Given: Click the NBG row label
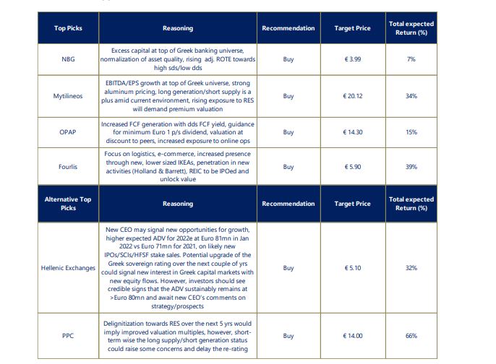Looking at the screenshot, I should [68, 59].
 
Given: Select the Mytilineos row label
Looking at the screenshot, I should [68, 95].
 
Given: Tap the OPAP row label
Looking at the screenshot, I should [68, 132].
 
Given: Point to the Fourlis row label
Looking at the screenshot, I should [68, 166].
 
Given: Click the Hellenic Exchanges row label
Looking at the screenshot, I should [68, 268].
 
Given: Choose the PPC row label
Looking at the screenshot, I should [68, 336].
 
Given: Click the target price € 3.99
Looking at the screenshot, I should [353, 59].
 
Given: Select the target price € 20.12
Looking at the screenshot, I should [353, 95].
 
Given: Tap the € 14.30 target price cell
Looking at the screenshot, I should [353, 132].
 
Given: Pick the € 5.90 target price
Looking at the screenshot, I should [353, 166].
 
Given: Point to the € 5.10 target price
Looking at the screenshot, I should [353, 268].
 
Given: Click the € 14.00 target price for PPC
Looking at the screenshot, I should [353, 336].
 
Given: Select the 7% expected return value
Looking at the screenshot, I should [411, 59].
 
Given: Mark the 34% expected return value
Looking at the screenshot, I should [411, 95].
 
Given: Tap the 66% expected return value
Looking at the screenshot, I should [411, 336].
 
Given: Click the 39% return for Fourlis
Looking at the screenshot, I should [411, 166].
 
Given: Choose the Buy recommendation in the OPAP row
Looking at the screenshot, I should [288, 132].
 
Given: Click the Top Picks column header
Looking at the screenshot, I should [68, 28].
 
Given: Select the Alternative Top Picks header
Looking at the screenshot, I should [68, 203].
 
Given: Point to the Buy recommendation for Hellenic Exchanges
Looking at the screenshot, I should [288, 268].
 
